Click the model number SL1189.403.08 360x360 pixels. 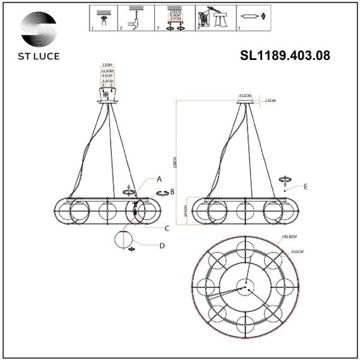(x=285, y=55)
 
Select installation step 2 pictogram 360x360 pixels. (x=135, y=17)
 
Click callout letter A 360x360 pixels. (x=160, y=179)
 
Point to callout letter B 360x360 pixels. (x=172, y=191)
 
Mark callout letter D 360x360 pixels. (x=162, y=246)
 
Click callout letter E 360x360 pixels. (x=305, y=187)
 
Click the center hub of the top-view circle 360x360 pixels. (x=244, y=287)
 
